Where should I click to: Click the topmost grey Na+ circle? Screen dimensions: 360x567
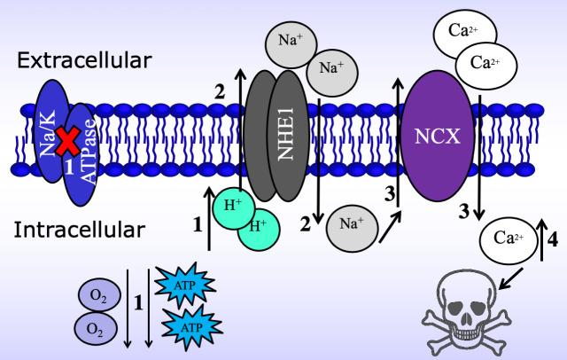coord(289,41)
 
